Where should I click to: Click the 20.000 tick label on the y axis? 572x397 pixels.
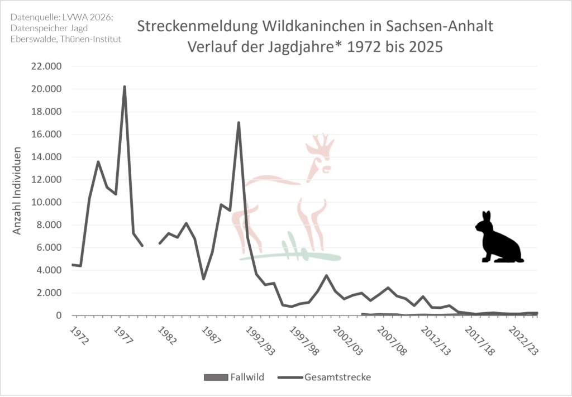pos(47,89)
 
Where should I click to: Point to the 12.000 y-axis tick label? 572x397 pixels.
pos(47,180)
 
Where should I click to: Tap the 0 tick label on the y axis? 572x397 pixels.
pos(59,315)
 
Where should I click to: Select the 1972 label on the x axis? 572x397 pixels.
pos(79,336)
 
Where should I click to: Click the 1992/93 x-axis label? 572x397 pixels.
pos(260,341)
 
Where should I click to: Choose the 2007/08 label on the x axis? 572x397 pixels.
pos(392,341)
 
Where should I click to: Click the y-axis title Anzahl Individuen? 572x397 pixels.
pos(17,190)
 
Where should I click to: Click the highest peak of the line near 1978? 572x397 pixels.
pos(125,87)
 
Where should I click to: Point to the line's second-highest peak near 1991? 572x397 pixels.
pos(239,122)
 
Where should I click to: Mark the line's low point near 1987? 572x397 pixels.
pos(203,279)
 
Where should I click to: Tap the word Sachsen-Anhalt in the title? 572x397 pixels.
pos(439,26)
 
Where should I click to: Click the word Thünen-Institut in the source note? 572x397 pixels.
pos(90,39)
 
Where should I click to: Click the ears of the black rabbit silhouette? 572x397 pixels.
pos(487,216)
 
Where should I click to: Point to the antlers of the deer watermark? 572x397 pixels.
pos(320,145)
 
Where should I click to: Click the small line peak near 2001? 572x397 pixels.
pos(326,276)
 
